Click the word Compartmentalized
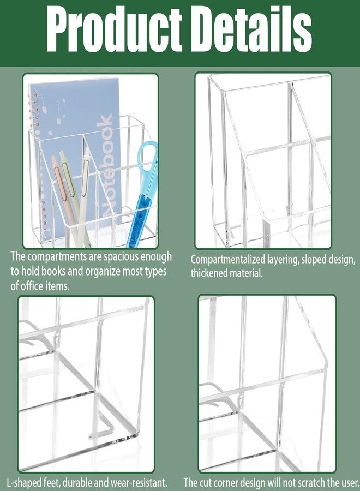tap(228, 260)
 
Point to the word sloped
tap(315, 260)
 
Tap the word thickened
tap(208, 273)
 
